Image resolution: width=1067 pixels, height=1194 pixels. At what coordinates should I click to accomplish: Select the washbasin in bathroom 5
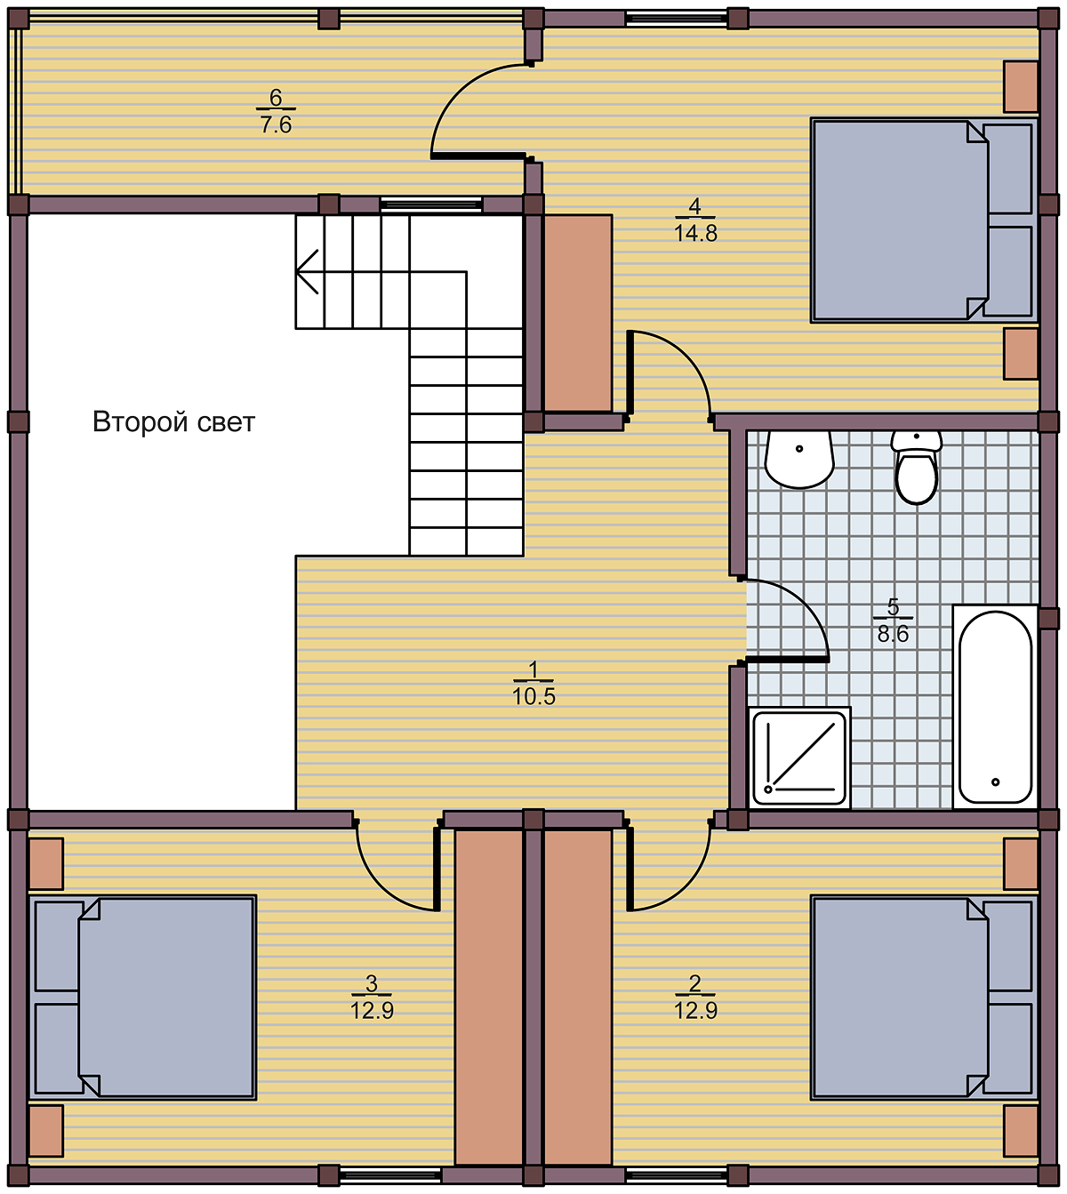tap(799, 459)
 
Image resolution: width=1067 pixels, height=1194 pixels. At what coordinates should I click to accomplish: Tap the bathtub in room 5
tap(995, 706)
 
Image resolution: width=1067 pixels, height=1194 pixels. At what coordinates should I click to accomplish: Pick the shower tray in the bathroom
tap(800, 757)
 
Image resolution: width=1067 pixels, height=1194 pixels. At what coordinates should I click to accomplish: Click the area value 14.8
tap(695, 234)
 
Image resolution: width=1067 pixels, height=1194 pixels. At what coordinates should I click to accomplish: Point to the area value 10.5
tap(533, 697)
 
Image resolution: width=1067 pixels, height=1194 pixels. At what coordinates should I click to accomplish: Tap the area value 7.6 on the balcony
tap(276, 125)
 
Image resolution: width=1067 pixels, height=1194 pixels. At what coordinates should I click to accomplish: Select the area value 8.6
tap(893, 634)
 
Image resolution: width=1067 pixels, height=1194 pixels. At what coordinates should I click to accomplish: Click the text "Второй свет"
tap(174, 422)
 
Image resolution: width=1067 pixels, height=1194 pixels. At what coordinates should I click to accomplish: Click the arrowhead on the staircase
tap(307, 272)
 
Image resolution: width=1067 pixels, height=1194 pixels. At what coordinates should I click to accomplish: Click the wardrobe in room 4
tap(578, 312)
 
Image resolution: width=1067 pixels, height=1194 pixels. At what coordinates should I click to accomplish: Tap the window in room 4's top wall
tap(676, 19)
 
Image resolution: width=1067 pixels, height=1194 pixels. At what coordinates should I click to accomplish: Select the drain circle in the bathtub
tap(996, 782)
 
